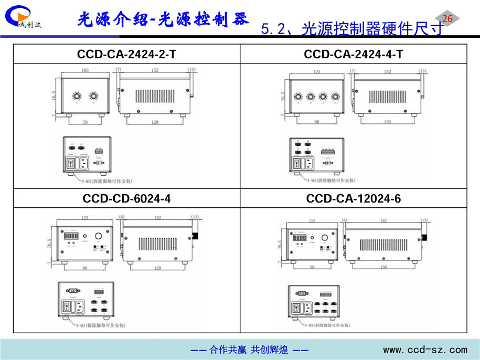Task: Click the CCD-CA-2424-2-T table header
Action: [126, 54]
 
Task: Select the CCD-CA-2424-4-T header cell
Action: [354, 54]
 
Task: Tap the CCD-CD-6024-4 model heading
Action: [126, 199]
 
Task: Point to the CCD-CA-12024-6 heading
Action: [354, 199]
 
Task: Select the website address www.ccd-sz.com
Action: [425, 350]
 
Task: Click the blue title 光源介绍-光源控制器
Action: [162, 19]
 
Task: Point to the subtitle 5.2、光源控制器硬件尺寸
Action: [352, 30]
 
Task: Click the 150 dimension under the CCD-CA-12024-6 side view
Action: [382, 267]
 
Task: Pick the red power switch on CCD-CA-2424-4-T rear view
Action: [296, 164]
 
